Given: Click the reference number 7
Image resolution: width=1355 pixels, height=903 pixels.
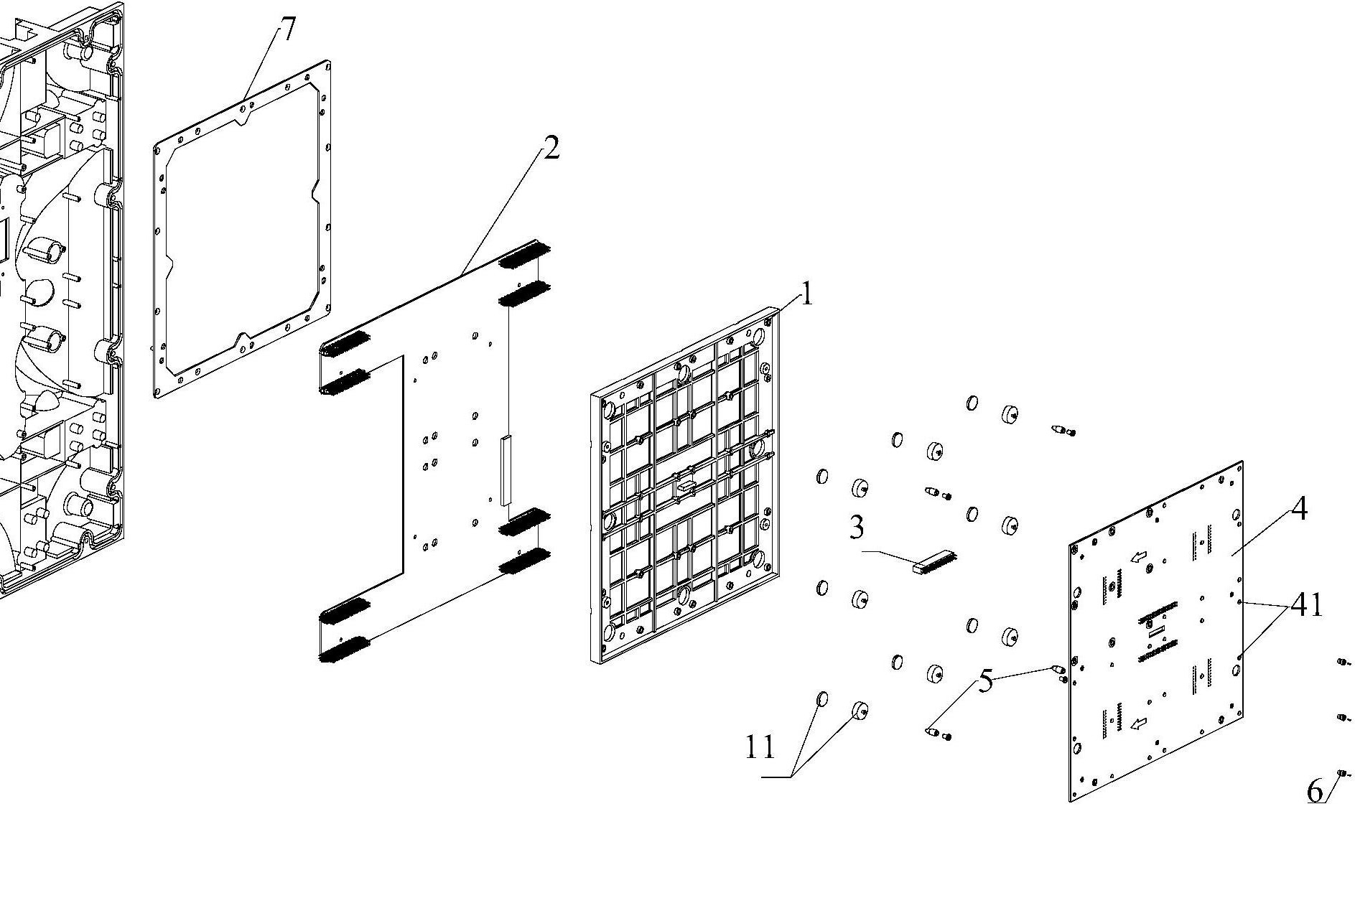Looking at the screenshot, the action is [x=287, y=29].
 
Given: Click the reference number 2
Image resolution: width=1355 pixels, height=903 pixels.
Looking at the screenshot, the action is [x=551, y=148].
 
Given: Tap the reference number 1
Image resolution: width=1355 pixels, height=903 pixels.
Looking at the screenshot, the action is [x=807, y=294].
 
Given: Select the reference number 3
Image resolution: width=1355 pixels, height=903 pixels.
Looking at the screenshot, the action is [x=857, y=527].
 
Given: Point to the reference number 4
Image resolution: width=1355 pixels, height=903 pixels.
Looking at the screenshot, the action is [x=1299, y=509].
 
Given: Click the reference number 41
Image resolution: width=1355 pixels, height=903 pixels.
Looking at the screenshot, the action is [x=1307, y=605].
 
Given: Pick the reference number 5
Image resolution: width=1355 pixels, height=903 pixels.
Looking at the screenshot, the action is [x=987, y=680].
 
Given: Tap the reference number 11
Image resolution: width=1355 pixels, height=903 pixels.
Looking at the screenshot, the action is [x=760, y=747].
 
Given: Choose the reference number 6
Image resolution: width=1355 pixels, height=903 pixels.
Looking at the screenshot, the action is [x=1315, y=791].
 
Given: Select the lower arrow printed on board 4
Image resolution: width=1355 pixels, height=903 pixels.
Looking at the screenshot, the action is [x=1139, y=724].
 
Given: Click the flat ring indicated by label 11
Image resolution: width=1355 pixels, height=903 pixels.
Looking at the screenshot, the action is [x=822, y=699].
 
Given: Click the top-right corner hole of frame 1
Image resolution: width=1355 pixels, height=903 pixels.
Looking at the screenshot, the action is [x=758, y=336].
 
